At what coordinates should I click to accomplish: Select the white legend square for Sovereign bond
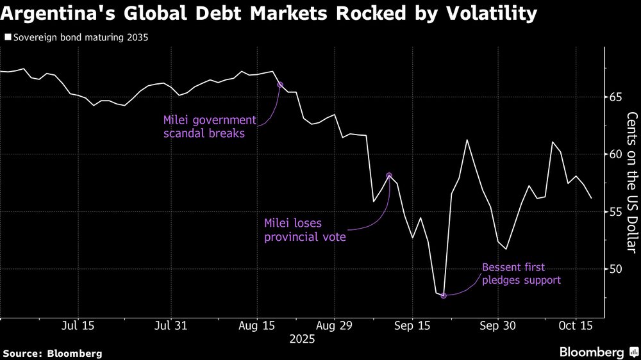click(7, 38)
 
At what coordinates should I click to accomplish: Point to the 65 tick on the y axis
click(615, 97)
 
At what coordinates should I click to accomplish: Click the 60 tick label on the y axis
click(615, 154)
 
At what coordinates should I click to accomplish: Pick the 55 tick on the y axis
click(615, 211)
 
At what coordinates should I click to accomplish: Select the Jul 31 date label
click(172, 325)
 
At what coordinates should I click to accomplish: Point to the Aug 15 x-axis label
click(256, 325)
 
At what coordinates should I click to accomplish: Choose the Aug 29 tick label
click(335, 325)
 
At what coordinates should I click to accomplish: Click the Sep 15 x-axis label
click(412, 325)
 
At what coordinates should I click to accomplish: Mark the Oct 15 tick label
click(575, 325)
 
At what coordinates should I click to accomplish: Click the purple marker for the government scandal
click(279, 85)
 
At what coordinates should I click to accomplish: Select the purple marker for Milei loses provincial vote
click(389, 175)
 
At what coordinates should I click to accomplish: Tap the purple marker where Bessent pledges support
click(443, 295)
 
